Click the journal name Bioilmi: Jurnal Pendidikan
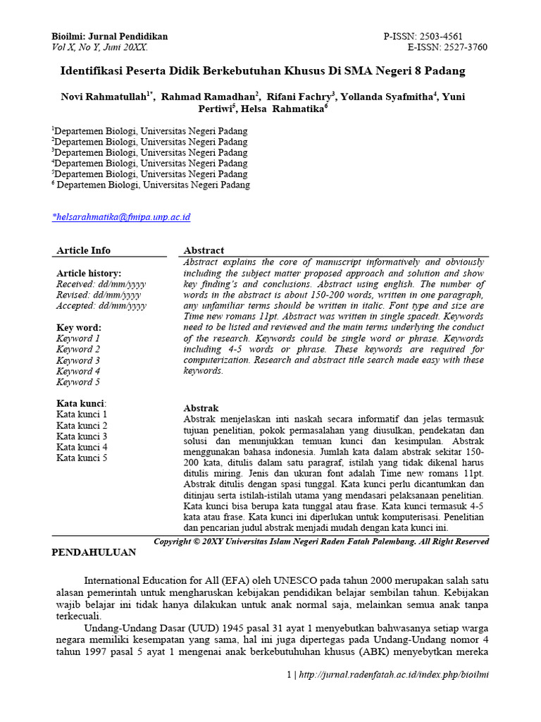tap(110, 37)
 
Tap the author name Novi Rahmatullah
tap(103, 97)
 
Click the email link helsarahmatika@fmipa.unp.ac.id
tap(122, 217)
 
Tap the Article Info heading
tap(83, 250)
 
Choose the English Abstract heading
tap(204, 250)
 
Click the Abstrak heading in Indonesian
tap(201, 408)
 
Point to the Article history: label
tap(89, 273)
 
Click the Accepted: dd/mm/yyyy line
tap(101, 305)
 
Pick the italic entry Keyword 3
tap(78, 360)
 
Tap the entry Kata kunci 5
tap(82, 458)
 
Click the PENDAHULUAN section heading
tap(94, 553)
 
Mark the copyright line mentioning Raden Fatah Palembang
tap(321, 541)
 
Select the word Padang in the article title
tap(447, 71)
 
